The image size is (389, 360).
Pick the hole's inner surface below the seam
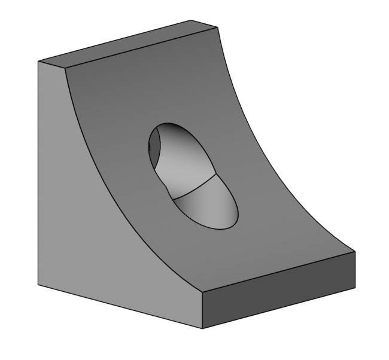tap(206, 206)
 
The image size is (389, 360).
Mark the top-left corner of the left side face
tap(39, 62)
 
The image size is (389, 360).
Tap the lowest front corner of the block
tap(202, 328)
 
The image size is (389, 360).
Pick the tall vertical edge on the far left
tap(39, 173)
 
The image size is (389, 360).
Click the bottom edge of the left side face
tap(120, 306)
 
